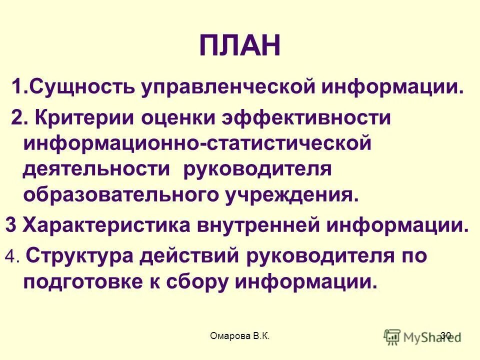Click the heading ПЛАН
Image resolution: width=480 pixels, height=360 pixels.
(x=239, y=46)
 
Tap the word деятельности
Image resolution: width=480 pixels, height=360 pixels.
(x=96, y=168)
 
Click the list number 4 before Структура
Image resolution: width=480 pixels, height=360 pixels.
(x=11, y=257)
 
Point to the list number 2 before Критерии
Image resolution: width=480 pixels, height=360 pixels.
(x=18, y=118)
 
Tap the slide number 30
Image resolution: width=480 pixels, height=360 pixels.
(x=446, y=335)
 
